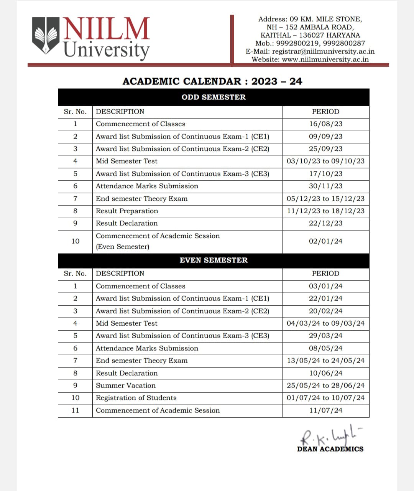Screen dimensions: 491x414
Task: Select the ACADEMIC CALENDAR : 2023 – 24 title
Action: coord(212,81)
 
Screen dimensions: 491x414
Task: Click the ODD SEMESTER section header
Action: coord(214,97)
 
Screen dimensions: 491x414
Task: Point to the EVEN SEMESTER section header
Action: coord(214,260)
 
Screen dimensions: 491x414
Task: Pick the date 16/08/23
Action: coord(325,124)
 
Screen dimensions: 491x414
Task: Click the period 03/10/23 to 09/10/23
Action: coord(325,161)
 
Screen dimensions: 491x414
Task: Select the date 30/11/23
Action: coord(325,186)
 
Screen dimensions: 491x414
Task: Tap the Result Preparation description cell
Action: coord(127,211)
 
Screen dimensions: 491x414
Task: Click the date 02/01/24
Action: coord(325,241)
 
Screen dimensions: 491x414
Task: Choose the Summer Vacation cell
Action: coord(126,386)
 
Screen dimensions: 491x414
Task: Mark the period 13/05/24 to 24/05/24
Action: coord(325,361)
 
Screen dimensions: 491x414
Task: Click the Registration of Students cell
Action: coord(136,398)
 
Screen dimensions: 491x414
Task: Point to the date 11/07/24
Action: coord(325,410)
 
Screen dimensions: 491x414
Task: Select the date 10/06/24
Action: coord(325,373)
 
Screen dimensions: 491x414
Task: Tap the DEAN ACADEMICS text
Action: coord(330,449)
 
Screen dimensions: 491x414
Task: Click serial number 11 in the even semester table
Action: coord(75,410)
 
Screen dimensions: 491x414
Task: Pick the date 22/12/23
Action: coord(325,223)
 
